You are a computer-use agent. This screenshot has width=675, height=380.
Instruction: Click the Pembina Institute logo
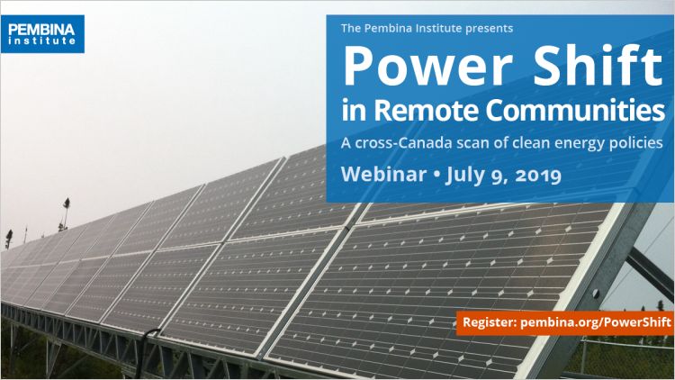click(x=42, y=34)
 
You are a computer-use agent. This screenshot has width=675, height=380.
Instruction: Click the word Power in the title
click(x=427, y=67)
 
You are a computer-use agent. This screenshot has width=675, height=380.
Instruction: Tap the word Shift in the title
click(x=598, y=65)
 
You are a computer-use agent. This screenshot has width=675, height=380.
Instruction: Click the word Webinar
click(x=383, y=174)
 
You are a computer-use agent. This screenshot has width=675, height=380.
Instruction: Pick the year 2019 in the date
click(x=538, y=175)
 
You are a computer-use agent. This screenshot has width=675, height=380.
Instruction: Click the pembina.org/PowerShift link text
click(x=596, y=322)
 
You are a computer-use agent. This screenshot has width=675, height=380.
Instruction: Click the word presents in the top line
click(x=489, y=29)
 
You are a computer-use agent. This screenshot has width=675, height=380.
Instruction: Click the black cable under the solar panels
click(x=145, y=351)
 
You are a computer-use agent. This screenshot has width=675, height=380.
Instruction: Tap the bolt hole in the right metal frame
click(x=596, y=294)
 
